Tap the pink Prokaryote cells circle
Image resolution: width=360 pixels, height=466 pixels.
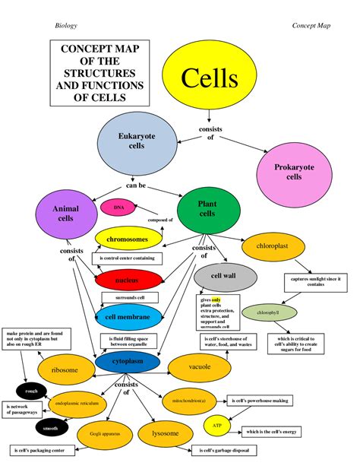tap(294, 171)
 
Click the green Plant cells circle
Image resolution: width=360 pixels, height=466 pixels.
tap(207, 209)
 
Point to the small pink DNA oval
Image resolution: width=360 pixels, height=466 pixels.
tap(118, 207)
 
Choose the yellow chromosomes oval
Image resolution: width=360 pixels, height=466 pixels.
tap(127, 239)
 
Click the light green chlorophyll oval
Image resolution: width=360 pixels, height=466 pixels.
tap(267, 312)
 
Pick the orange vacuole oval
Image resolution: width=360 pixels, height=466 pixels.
tap(200, 367)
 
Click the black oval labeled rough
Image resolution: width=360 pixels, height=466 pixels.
tap(31, 392)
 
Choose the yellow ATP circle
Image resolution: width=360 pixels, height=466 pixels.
tap(216, 426)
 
